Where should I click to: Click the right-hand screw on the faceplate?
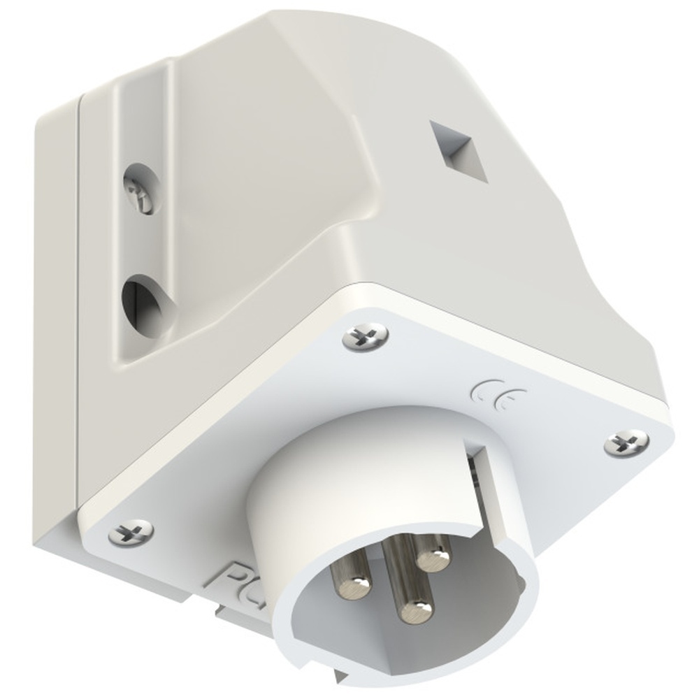coord(626,442)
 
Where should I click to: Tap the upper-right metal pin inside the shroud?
coord(433,556)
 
